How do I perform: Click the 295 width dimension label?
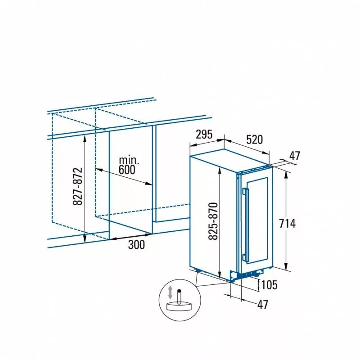coord(204,134)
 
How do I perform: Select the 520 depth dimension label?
coord(254,139)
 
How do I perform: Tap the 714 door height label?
coord(287,223)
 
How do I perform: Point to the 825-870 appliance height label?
coord(213,221)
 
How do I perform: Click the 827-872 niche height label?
coord(77,186)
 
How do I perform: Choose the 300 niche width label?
coord(136,245)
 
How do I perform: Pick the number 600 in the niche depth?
coord(127,170)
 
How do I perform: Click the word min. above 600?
coord(129,161)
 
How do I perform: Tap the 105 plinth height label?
coord(269,285)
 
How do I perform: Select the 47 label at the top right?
coord(295,156)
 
